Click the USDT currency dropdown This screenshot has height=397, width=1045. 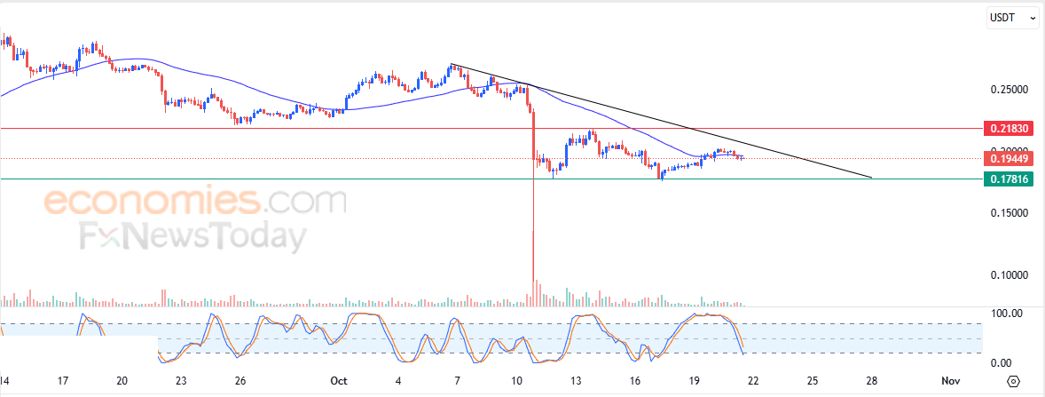click(x=1012, y=17)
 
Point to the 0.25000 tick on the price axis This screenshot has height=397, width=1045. click(x=1010, y=90)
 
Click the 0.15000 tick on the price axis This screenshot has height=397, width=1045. click(x=1010, y=213)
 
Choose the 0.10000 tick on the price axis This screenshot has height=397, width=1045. click(x=1010, y=275)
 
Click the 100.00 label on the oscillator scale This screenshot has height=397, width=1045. click(x=1006, y=314)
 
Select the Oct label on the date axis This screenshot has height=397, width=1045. click(x=338, y=380)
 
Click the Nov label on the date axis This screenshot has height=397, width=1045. click(x=950, y=380)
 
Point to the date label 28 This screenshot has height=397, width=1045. click(x=872, y=380)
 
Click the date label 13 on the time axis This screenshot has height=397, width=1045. click(x=576, y=380)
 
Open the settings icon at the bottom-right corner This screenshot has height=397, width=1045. click(x=1015, y=381)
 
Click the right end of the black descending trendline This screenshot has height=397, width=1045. click(x=872, y=178)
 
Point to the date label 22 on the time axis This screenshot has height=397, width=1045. click(x=753, y=380)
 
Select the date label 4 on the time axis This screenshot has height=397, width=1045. click(x=397, y=380)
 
